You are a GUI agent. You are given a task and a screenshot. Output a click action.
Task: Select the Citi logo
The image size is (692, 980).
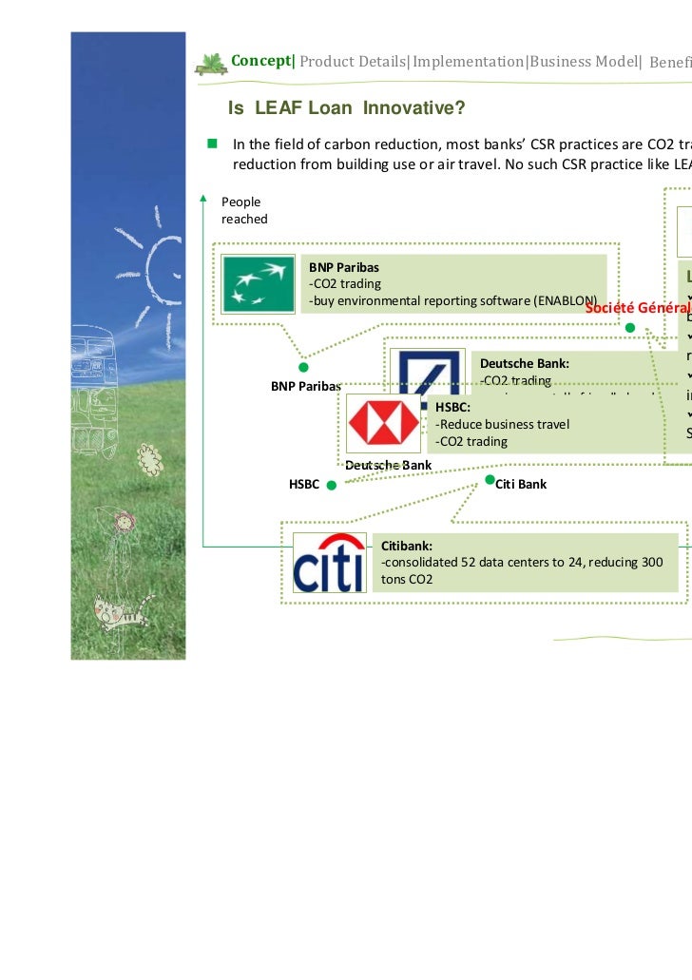coord(328,562)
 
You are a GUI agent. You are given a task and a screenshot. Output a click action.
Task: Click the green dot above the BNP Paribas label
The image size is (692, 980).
coord(303,367)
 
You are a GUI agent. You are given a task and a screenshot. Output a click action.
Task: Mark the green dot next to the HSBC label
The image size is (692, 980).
coord(331,485)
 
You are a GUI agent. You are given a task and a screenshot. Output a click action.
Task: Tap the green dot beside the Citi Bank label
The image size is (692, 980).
coord(490,479)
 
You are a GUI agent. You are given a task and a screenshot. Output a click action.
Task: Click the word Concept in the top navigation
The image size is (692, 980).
coord(261,61)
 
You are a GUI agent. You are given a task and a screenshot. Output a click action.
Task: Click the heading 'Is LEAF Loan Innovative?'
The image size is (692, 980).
coord(346,109)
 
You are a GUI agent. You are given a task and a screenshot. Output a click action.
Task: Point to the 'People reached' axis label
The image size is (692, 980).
coord(243,210)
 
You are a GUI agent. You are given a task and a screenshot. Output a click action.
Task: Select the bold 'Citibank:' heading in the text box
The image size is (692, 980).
coord(407,547)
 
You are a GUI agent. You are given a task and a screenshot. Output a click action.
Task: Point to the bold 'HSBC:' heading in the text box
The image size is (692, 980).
coord(452,406)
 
